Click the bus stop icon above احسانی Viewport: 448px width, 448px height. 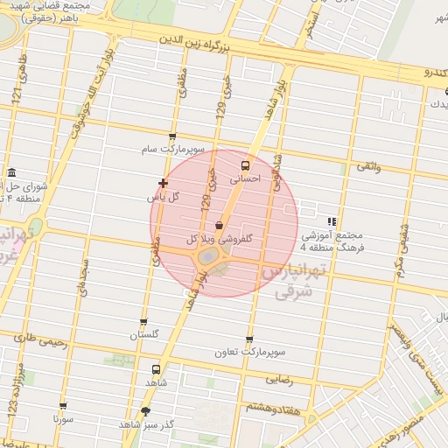[244, 164]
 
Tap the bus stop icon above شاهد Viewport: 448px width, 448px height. [156, 368]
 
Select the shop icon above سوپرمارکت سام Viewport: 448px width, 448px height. [171, 136]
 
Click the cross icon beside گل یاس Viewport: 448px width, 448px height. [163, 183]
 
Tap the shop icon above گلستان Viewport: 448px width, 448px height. [143, 322]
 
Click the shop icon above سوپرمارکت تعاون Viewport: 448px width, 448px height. [250, 339]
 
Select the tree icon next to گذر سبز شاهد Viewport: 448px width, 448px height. [145, 410]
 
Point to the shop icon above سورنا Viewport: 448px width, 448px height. [63, 406]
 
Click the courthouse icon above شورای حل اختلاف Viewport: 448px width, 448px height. [10, 172]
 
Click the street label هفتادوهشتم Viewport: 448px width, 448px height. [271, 408]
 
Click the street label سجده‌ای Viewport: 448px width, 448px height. [84, 277]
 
